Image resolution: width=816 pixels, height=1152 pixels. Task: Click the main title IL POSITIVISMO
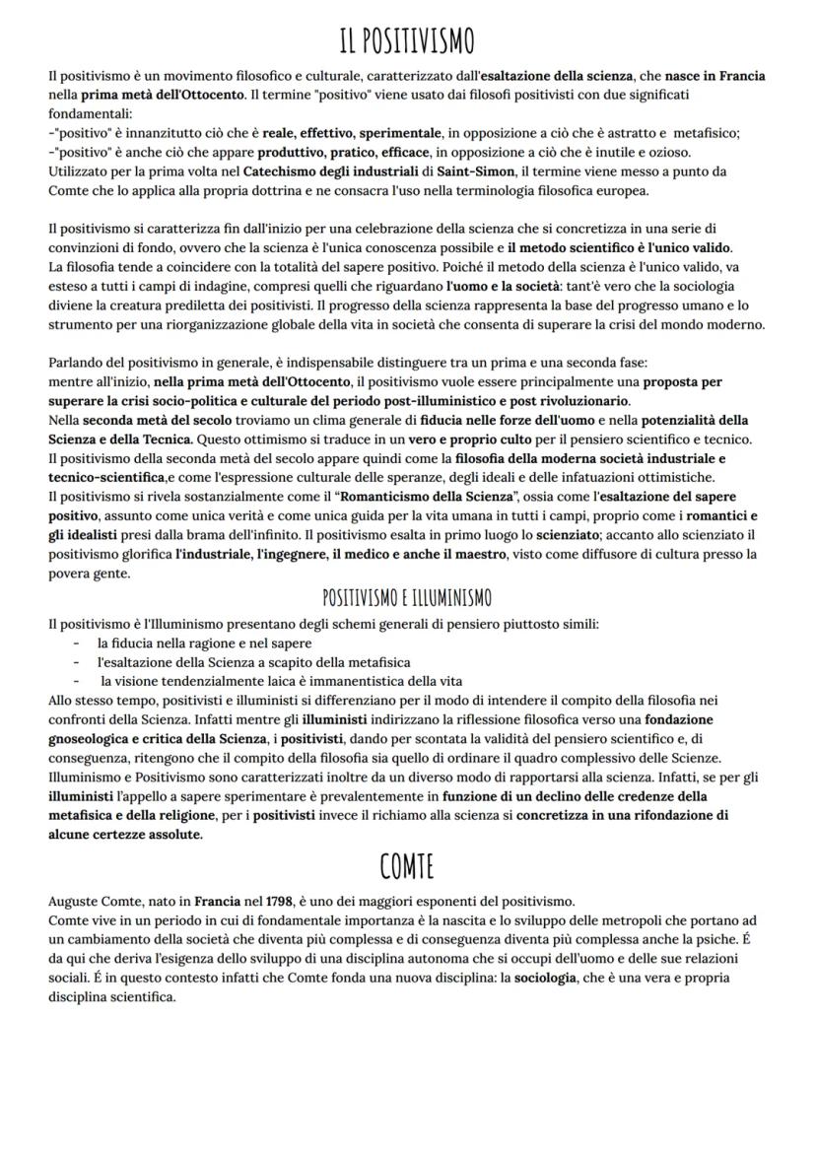(407, 41)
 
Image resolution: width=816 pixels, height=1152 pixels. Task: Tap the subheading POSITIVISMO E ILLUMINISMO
(407, 597)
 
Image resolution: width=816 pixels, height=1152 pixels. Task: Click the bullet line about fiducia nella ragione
(191, 642)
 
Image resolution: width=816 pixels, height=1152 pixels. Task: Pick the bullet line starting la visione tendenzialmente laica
(281, 681)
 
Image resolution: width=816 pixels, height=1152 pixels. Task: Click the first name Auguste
(75, 902)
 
